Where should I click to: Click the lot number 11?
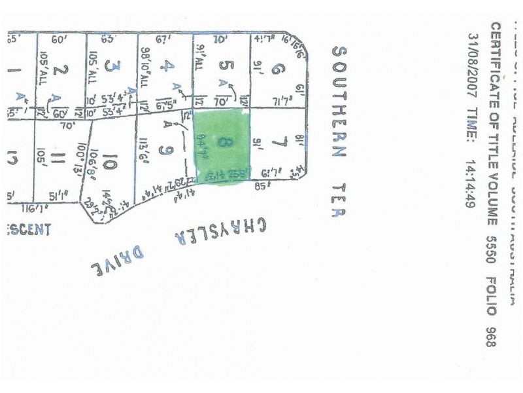point(59,158)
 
